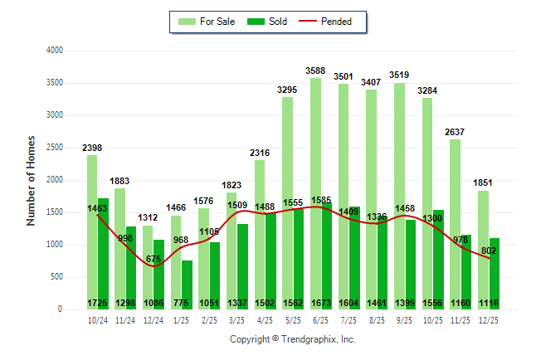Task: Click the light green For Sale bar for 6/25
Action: click(315, 166)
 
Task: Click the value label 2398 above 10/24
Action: click(92, 148)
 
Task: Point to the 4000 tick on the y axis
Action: click(56, 51)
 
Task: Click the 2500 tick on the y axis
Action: click(56, 148)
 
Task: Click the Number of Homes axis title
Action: click(31, 180)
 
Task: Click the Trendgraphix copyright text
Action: click(292, 339)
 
